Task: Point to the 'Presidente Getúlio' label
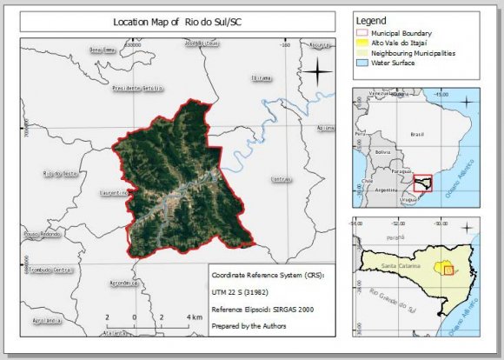click(x=137, y=89)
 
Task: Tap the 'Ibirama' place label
click(x=261, y=78)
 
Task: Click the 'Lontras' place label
click(x=282, y=180)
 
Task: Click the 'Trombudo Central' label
click(x=50, y=270)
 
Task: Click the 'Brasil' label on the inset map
click(x=416, y=135)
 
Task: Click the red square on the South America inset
click(x=422, y=183)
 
